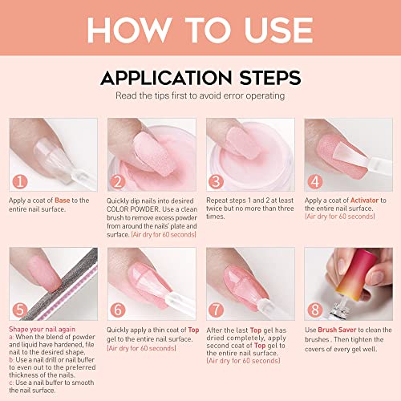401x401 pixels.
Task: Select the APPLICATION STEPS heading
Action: (200, 78)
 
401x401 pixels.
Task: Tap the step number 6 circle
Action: (119, 310)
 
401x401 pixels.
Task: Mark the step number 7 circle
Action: (217, 310)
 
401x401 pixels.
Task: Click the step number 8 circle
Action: (314, 310)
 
